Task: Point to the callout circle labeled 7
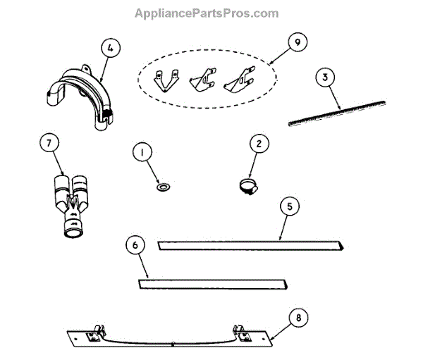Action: (49, 144)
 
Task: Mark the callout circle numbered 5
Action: (289, 207)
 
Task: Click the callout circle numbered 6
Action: (137, 245)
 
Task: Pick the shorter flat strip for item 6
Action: (211, 285)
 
